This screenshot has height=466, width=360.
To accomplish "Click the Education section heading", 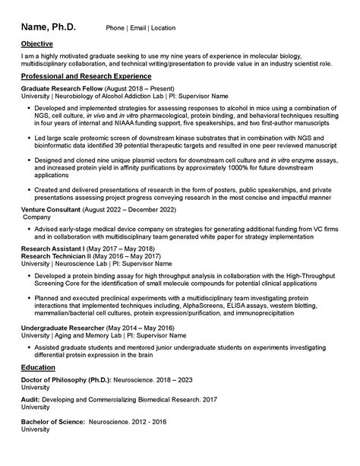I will point(40,369).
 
